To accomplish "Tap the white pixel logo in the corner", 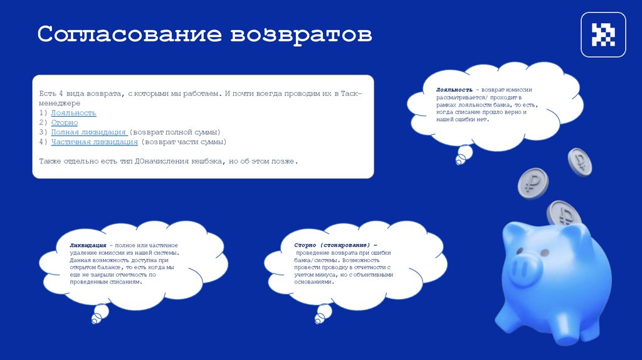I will pos(603,35).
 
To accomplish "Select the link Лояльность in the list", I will pos(73,113).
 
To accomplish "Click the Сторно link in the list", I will pos(65,123).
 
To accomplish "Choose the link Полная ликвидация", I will pos(89,132).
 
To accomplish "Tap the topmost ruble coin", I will pos(580,161).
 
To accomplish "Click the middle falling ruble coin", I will pos(532,183).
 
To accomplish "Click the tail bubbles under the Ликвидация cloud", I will pos(98,314).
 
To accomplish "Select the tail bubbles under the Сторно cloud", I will pos(322,314).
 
